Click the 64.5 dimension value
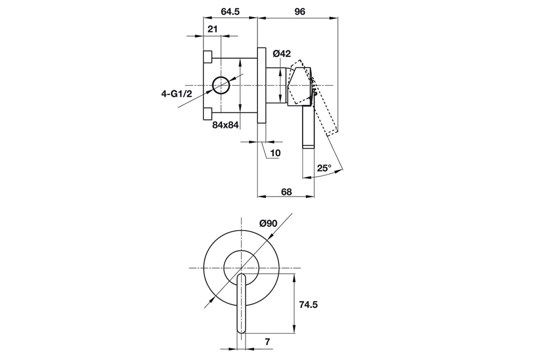click(x=230, y=11)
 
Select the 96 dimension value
click(x=300, y=11)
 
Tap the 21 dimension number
click(x=213, y=29)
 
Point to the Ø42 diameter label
click(x=282, y=53)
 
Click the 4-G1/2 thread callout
click(x=176, y=93)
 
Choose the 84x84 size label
click(x=225, y=125)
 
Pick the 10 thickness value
click(x=275, y=153)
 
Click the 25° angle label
click(x=324, y=168)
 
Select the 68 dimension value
click(x=286, y=191)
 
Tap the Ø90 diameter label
click(x=268, y=223)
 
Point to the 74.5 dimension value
click(x=307, y=304)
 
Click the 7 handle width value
click(x=267, y=342)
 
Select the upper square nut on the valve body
click(x=207, y=57)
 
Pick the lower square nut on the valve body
click(x=207, y=113)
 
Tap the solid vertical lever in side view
click(x=308, y=127)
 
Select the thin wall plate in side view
click(x=261, y=84)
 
